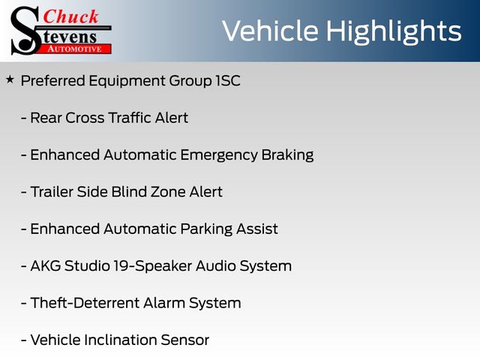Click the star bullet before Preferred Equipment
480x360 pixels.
10,80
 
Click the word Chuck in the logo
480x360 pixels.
70,16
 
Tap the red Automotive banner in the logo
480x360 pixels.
74,49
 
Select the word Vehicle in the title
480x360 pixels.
270,31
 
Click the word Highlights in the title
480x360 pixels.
393,31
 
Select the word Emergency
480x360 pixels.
218,155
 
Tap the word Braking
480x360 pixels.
287,155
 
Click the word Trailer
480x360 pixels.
52,192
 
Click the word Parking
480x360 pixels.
206,229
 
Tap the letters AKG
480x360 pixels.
46,265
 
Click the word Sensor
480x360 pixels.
185,340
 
